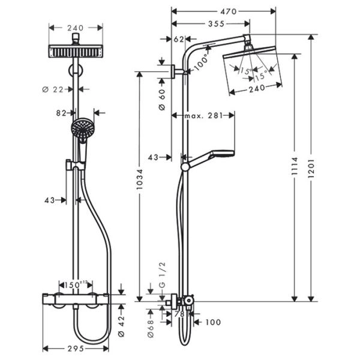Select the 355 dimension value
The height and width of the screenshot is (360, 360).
coord(210,23)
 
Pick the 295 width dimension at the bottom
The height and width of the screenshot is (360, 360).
coord(76,348)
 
